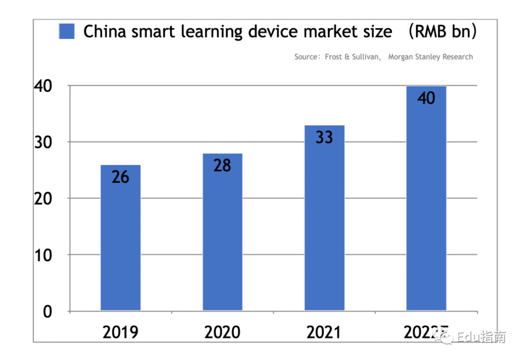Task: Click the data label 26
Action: (x=121, y=177)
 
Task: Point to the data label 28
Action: (x=222, y=165)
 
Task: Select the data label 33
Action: (x=324, y=137)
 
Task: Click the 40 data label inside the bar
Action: (x=426, y=98)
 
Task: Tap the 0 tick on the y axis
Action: (x=47, y=312)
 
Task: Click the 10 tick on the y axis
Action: (x=43, y=255)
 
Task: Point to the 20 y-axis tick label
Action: (x=43, y=198)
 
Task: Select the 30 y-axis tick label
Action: (x=43, y=142)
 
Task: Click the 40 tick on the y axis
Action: (x=43, y=86)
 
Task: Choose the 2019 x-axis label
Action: (x=121, y=332)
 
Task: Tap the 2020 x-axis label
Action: (x=222, y=332)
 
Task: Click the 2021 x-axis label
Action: (x=324, y=332)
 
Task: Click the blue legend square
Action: (x=67, y=31)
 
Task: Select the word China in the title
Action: (x=104, y=31)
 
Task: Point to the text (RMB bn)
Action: (x=442, y=31)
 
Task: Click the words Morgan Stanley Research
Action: (x=430, y=57)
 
